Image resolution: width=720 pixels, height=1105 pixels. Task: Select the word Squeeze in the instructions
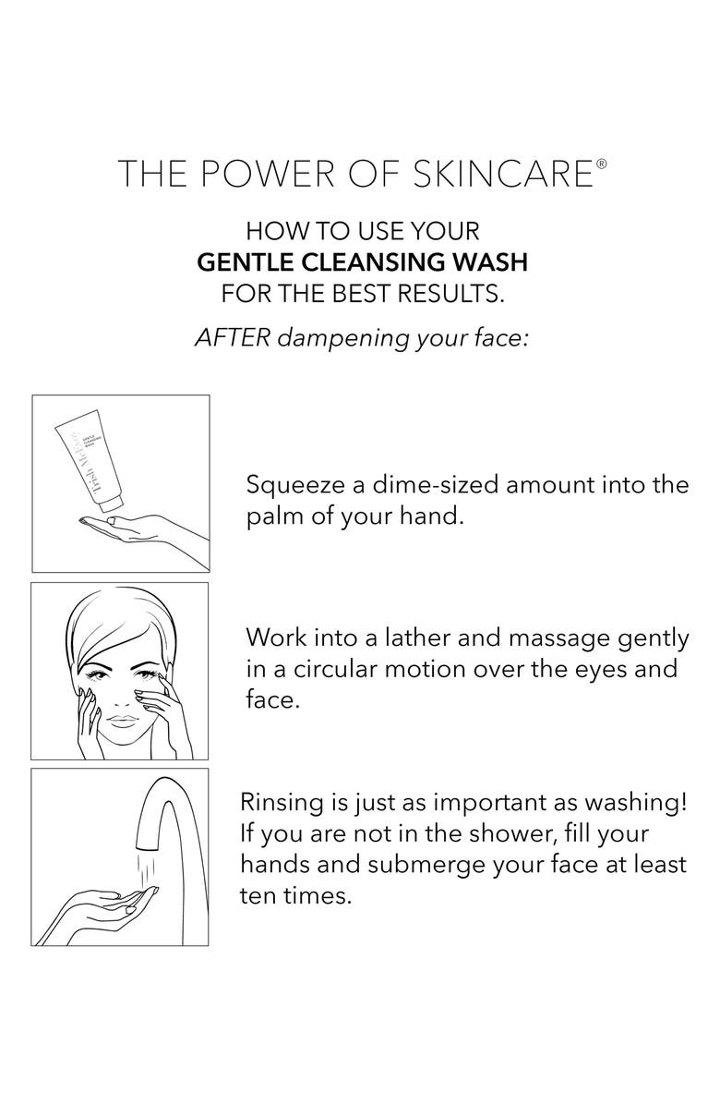(x=295, y=486)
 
